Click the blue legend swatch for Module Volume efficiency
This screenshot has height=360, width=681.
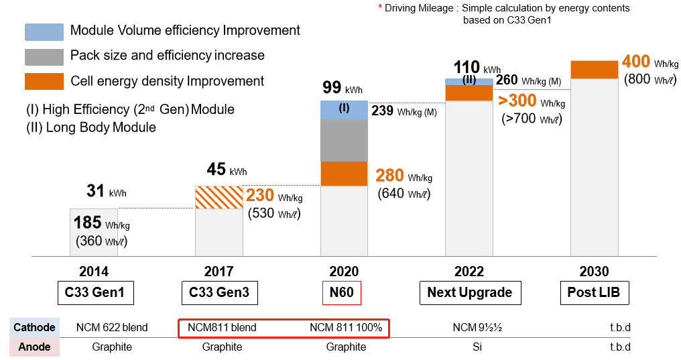[x=44, y=32]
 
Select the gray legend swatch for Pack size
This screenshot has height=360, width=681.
[x=44, y=56]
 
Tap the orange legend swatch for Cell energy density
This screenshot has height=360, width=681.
[x=44, y=81]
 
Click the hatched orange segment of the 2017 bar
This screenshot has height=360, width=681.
[x=219, y=197]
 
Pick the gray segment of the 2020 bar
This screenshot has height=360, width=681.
[x=344, y=140]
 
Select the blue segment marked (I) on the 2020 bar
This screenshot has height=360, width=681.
[x=344, y=109]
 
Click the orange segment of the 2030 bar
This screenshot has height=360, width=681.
[x=594, y=69]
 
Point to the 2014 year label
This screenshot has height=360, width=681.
[x=94, y=272]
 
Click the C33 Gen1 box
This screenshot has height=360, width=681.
[x=94, y=292]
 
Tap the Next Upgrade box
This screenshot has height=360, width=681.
[x=469, y=292]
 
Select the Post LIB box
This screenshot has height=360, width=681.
[x=594, y=292]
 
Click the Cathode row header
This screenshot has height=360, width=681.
[x=34, y=328]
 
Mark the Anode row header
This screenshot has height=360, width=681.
[x=34, y=347]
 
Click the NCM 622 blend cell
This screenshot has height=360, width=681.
[x=112, y=328]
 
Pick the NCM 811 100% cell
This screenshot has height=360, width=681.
[x=346, y=328]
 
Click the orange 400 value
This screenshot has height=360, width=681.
[x=636, y=62]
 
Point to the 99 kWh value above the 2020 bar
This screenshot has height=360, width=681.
[x=332, y=87]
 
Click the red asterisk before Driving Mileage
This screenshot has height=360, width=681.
[x=380, y=8]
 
